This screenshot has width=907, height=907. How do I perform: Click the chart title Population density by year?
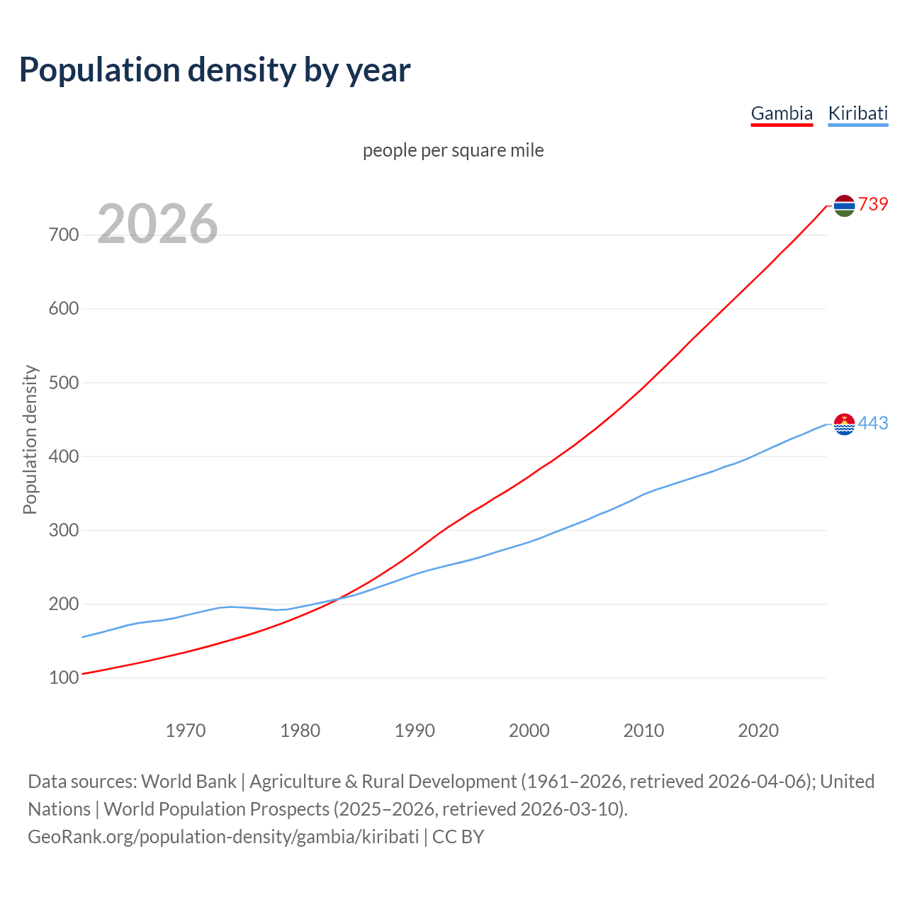point(215,70)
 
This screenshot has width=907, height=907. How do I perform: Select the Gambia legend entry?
point(782,113)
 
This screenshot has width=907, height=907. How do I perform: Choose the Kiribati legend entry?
point(857,113)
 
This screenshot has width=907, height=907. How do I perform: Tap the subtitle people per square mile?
point(453,151)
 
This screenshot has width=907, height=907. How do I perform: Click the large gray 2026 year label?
point(157,225)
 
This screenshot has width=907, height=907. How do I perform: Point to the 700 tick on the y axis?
point(64,235)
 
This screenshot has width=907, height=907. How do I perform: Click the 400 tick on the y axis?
point(64,457)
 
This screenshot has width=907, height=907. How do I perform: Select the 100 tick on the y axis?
point(64,678)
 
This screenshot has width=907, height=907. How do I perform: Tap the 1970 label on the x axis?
point(186,731)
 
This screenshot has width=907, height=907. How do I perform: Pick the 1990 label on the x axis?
point(415,731)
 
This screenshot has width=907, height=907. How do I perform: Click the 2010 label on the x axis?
point(643,731)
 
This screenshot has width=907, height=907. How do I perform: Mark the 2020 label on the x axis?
point(758,731)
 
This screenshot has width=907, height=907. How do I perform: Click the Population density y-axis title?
point(30,439)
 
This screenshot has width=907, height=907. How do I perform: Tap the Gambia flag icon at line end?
point(844,205)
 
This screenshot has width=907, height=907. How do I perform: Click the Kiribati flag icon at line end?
point(844,424)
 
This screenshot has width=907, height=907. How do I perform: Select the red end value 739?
point(873,205)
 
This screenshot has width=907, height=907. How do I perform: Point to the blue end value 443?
point(873,424)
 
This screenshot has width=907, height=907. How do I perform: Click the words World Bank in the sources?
point(188,782)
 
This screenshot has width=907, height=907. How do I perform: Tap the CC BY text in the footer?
point(458,837)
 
